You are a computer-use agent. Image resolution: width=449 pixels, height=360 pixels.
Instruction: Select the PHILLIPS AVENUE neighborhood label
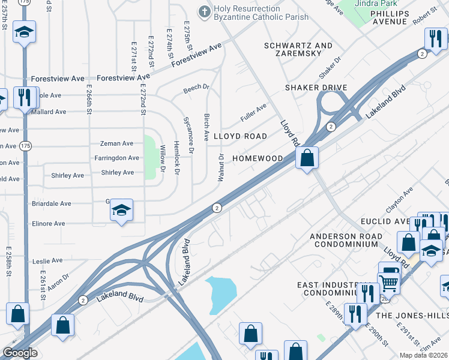(x=397, y=17)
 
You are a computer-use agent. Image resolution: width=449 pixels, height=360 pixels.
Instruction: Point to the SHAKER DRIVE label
(x=316, y=88)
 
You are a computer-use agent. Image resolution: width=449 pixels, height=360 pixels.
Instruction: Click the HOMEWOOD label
(x=258, y=158)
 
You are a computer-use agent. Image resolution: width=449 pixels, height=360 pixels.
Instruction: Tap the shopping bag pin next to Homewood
(x=307, y=159)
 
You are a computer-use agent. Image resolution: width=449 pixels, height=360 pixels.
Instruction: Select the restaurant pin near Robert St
(x=435, y=39)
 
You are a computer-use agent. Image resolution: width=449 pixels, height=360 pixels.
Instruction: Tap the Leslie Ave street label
(x=49, y=261)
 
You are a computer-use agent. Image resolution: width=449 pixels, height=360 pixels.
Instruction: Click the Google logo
(x=19, y=353)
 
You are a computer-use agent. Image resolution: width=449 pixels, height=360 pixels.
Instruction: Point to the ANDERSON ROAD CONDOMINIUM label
(x=346, y=241)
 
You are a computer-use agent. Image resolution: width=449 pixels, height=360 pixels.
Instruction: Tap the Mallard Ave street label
(x=52, y=112)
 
